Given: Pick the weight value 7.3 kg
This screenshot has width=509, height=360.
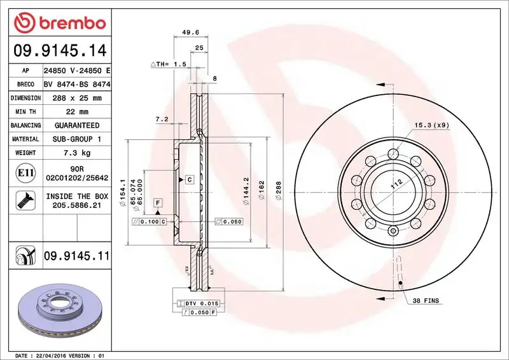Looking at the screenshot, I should [76, 153].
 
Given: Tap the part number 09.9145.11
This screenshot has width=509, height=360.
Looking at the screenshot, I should [76, 256].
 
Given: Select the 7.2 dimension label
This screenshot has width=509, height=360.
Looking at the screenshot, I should [162, 119].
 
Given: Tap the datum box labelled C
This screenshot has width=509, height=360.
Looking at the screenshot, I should [190, 180].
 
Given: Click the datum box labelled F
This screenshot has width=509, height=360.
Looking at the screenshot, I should [157, 202].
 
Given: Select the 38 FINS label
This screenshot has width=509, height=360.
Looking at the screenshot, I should [425, 300].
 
